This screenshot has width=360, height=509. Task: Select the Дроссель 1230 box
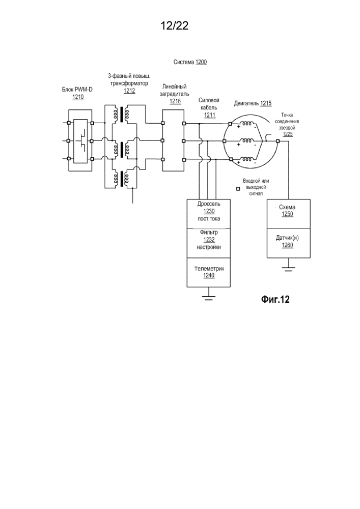click(x=208, y=211)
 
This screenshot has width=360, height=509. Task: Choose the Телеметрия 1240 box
click(x=208, y=272)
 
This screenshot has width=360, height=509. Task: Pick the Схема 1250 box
click(x=287, y=211)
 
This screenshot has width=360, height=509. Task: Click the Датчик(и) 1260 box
click(x=287, y=241)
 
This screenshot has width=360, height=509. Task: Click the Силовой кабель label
click(x=209, y=104)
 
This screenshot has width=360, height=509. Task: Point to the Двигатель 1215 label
click(x=253, y=103)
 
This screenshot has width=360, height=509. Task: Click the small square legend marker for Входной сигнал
click(x=237, y=189)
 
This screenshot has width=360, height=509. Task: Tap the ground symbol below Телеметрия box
click(x=208, y=297)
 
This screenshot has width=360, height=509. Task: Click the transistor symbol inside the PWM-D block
click(x=81, y=140)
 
